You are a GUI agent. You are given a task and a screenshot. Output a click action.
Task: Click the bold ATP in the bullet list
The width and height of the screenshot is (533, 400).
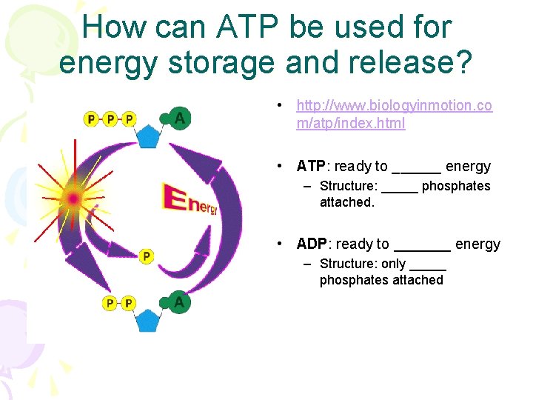312,166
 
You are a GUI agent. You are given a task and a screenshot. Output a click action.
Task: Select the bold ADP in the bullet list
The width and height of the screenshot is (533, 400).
312,244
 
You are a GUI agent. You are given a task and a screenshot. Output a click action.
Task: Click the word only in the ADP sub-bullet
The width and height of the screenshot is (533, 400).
393,264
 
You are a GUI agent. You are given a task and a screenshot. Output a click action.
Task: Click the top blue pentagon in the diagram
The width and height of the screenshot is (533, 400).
150,136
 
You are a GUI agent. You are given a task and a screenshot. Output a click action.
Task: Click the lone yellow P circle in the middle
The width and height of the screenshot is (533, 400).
146,256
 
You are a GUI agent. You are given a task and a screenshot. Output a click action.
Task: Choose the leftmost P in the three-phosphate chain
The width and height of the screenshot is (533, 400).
92,119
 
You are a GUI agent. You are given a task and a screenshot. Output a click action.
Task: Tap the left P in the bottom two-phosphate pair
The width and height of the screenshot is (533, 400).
110,303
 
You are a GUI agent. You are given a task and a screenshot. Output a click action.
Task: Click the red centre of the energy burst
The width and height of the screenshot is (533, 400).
73,198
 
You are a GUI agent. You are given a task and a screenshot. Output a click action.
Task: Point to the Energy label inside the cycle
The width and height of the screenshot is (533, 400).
190,201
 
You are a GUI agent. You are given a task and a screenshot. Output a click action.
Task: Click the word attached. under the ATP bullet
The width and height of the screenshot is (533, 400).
347,202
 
